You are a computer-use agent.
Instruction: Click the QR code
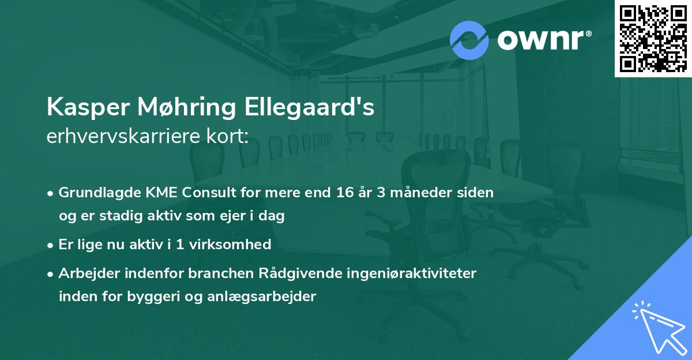point(653,38)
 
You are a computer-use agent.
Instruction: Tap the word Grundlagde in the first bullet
point(94,193)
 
